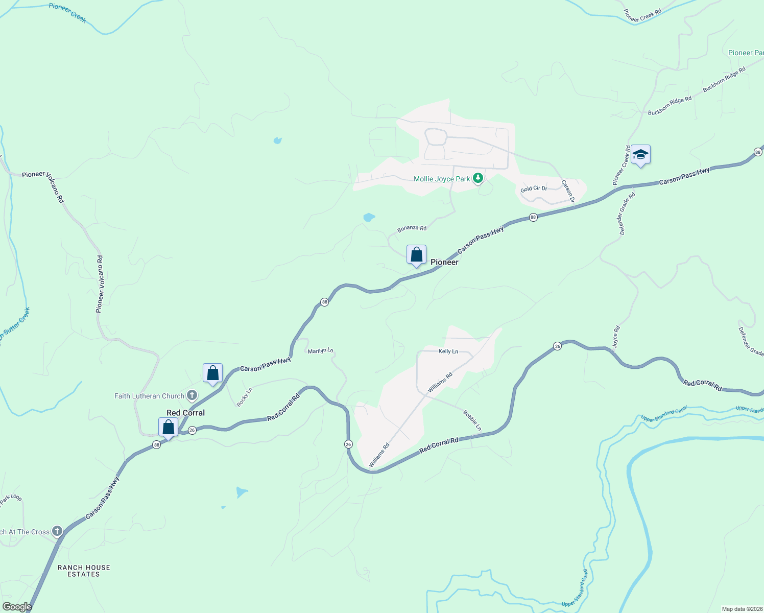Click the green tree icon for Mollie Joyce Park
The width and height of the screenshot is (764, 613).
pos(478,178)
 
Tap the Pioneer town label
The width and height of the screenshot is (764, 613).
pos(444,262)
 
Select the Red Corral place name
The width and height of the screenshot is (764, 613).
pos(185,413)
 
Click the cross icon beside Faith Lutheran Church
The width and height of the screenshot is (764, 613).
pos(192,395)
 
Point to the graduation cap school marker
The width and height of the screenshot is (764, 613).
pos(640,154)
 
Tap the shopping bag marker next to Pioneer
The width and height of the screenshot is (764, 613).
pos(416,254)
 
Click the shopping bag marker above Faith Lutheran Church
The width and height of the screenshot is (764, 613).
pos(212,373)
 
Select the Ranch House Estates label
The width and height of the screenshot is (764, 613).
pos(84,571)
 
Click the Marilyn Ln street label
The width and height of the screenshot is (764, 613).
pos(320,351)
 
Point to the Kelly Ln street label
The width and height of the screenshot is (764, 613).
pos(448,351)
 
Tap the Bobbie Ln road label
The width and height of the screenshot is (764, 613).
pos(472,420)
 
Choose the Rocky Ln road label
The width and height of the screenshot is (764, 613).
pos(245,397)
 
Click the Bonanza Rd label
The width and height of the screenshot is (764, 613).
pos(412,228)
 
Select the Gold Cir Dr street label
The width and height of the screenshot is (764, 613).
pos(534,188)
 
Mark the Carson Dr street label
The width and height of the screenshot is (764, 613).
pos(568,191)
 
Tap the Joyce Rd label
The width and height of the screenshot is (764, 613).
pos(616,337)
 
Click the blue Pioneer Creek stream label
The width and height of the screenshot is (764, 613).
pos(67,13)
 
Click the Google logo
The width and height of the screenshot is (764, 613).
pos(17,607)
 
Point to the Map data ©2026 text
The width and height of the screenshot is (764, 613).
pos(742,609)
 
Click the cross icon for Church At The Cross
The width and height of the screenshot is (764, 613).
pos(57,531)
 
